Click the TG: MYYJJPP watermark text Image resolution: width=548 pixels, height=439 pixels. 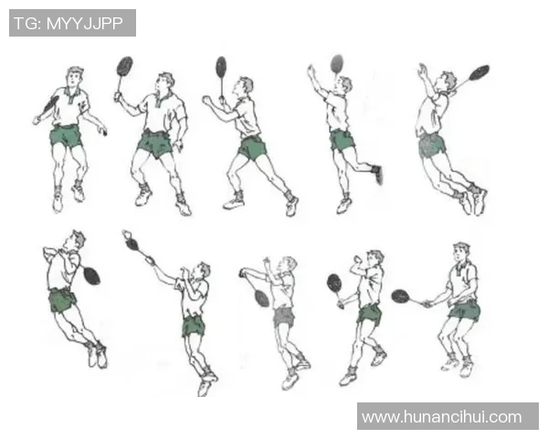pos(68,24)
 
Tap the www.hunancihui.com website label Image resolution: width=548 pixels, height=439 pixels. pos(442,417)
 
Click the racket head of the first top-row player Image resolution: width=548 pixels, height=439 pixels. pos(51,103)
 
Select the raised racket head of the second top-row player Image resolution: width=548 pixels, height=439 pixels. pos(125,66)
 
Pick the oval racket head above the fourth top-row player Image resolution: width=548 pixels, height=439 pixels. pos(337,63)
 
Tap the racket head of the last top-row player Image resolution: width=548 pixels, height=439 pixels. pos(479,72)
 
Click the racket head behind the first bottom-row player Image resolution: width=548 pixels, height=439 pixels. pos(92,276)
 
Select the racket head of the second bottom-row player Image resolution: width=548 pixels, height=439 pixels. pos(132,244)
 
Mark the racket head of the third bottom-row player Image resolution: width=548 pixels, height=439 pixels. pos(262,298)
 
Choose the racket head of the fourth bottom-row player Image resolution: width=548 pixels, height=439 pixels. pos(334,284)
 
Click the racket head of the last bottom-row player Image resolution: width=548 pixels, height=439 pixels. pos(401,296)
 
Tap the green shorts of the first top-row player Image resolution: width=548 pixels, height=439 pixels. pos(66,136)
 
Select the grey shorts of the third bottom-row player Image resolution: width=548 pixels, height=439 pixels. pos(284,316)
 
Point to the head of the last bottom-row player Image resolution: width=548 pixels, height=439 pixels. pos(461,252)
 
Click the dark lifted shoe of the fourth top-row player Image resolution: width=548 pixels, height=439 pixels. pos(377,174)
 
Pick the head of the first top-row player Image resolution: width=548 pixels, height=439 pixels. pos(75,78)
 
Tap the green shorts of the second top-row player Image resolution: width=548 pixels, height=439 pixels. pos(155,145)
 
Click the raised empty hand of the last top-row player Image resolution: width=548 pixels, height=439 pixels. pos(423,70)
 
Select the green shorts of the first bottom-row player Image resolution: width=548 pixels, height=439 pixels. pos(62,300)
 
